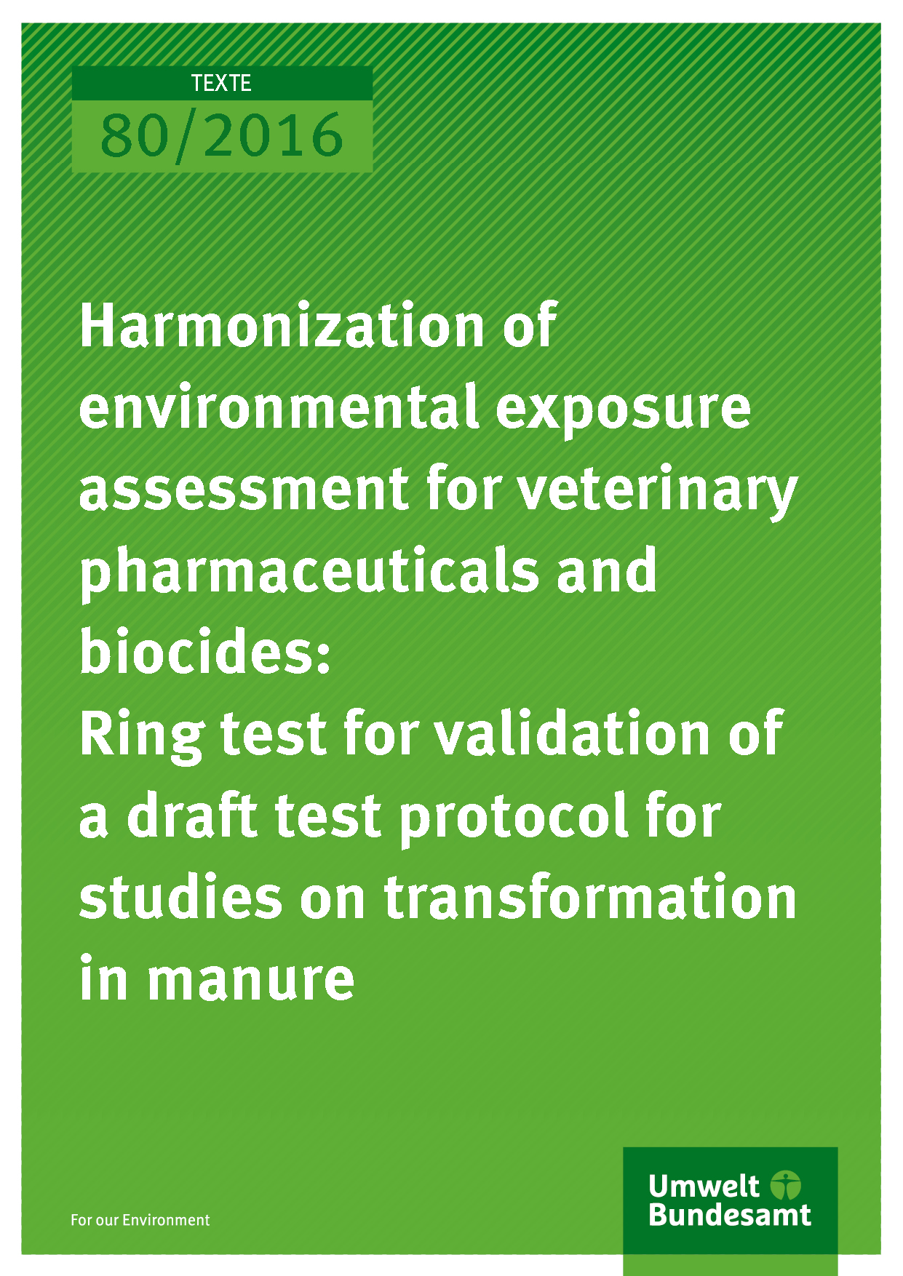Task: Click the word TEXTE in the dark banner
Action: tap(221, 84)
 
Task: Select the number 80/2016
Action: tap(221, 137)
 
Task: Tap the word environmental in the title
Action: tap(279, 407)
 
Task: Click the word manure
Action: tap(251, 980)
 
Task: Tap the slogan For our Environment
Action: tap(140, 1220)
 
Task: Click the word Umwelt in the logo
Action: tap(704, 1187)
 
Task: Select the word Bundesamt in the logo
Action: tap(730, 1215)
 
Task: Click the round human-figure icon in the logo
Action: tap(786, 1185)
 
